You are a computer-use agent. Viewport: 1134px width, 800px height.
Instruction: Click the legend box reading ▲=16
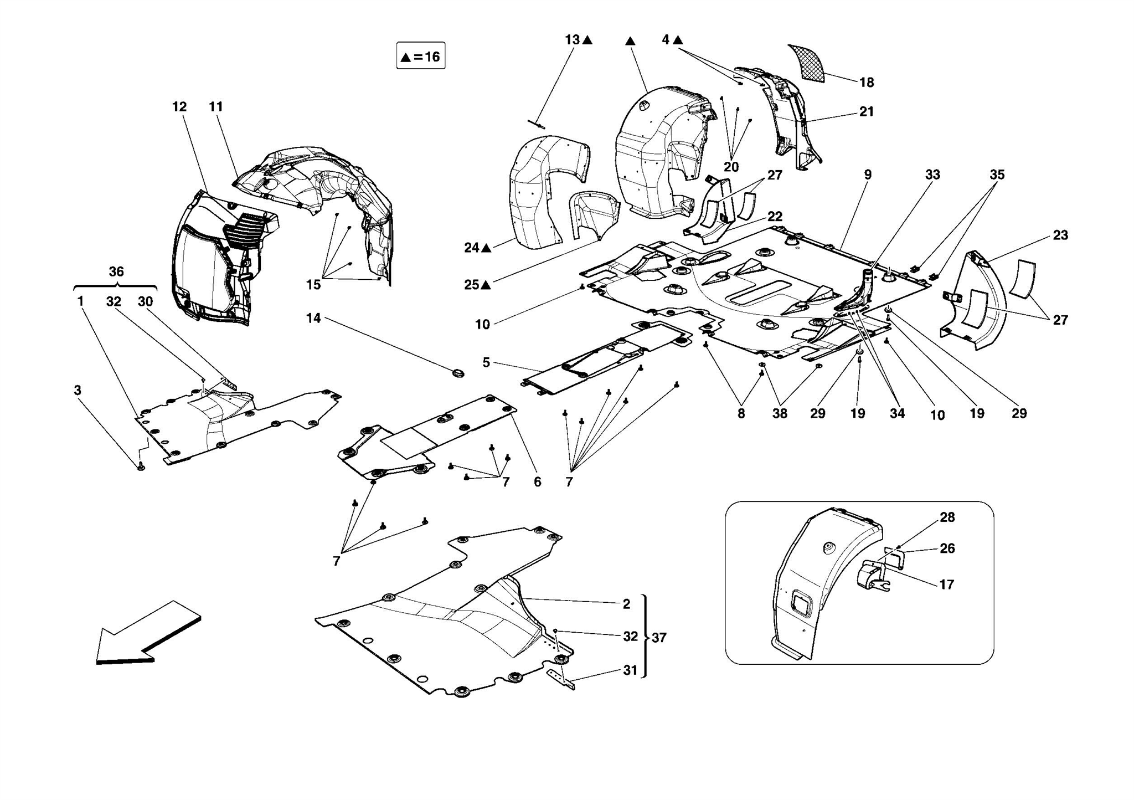(420, 56)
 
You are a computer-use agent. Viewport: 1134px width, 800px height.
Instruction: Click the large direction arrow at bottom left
(147, 633)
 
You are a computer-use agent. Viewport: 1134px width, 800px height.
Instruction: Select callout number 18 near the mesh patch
(867, 83)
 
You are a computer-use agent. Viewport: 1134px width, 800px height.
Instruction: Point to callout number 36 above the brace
(116, 271)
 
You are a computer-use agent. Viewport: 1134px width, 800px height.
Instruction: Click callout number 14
(313, 318)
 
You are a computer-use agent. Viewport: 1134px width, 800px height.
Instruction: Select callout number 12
(179, 106)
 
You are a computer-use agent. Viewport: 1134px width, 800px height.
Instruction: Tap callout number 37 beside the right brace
(659, 638)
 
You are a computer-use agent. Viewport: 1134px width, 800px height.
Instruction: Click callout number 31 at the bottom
(630, 670)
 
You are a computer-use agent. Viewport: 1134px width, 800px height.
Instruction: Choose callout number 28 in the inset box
(947, 517)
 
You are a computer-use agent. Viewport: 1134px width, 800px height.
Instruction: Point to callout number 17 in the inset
(947, 584)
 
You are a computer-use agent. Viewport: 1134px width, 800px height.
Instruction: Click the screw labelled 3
(141, 467)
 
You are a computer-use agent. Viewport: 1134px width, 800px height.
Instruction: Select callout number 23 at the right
(1060, 235)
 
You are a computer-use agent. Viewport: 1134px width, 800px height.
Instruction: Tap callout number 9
(868, 175)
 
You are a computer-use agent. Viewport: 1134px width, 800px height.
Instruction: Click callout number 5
(486, 362)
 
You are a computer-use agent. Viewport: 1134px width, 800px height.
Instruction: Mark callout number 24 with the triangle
(472, 248)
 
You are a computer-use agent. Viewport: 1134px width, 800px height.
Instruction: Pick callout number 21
(867, 111)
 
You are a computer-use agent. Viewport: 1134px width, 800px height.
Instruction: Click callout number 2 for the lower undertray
(626, 604)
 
